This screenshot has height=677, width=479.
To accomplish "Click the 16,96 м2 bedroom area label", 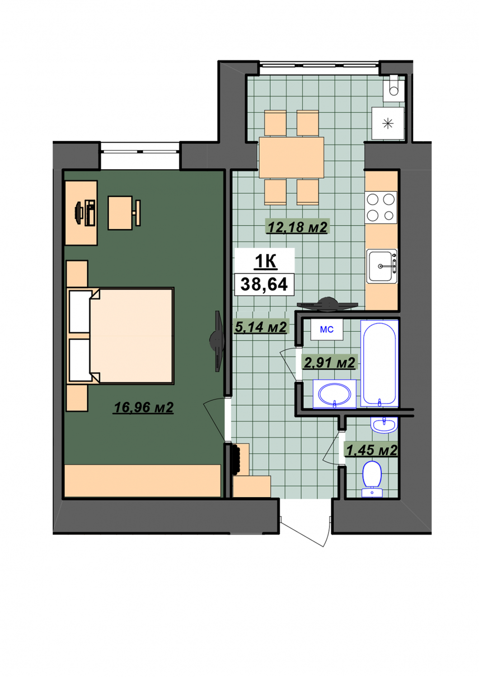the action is point(143,407).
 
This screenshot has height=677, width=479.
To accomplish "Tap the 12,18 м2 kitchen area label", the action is point(297,227).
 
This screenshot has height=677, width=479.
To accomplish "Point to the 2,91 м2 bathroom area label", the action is point(329,362).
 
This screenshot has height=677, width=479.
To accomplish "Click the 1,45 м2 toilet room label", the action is point(371,450).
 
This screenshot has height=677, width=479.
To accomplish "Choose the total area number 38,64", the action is point(264,284).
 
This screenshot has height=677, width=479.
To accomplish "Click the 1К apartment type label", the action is point(265,261).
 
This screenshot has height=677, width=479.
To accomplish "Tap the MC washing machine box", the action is point(327,329).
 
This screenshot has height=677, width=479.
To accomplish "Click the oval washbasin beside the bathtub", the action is point(334,394).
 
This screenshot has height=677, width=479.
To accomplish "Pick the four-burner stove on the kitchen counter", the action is point(380,207).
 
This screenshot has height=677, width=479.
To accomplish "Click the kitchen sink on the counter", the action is point(381,266).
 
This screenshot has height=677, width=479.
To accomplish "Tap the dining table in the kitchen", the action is point(291,157).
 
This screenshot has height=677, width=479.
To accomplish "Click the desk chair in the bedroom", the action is point(124,213).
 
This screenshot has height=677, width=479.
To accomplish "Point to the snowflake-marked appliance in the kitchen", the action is point(388,123).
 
